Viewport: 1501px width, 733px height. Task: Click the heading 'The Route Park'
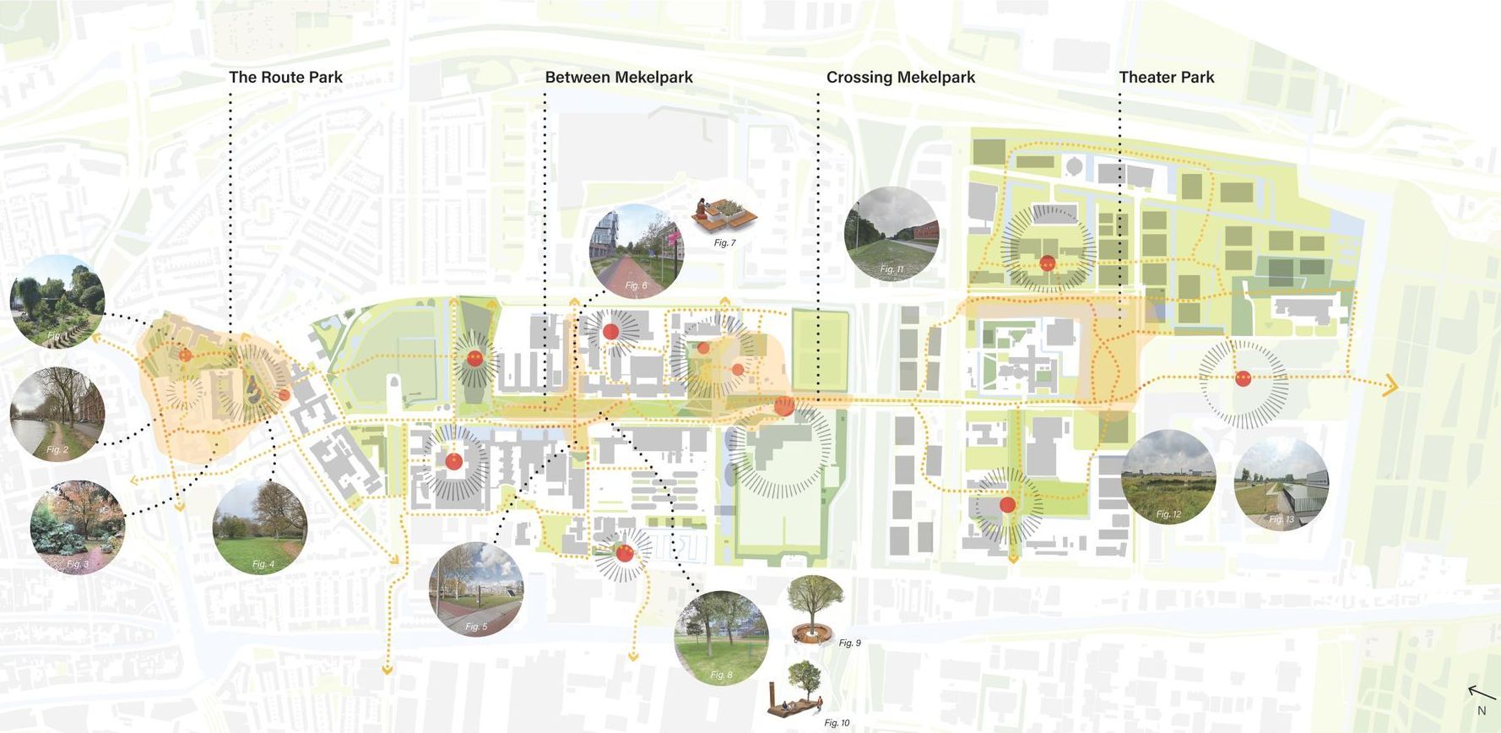point(285,77)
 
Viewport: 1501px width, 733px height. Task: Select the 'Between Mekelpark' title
point(618,77)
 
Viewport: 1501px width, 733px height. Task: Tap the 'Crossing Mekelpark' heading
point(900,77)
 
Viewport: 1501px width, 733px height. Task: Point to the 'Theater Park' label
point(1166,77)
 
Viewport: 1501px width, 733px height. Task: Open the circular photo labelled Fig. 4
point(260,527)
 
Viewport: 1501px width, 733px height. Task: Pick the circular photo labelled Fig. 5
point(476,589)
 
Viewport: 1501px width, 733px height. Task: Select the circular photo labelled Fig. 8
point(722,638)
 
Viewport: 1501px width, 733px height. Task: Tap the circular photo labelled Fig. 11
point(891,233)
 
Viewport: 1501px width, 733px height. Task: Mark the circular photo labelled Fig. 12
point(1168,477)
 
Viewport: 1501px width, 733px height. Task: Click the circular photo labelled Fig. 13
point(1281,484)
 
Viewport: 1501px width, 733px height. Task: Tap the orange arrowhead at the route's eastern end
point(1390,387)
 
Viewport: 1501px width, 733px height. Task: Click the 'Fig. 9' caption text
point(849,643)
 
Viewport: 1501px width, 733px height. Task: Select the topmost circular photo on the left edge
point(57,301)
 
